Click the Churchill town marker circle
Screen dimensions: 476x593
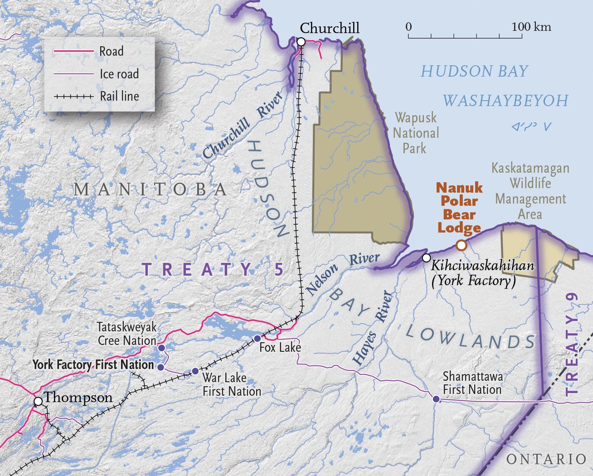point(301,42)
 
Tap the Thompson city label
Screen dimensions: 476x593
point(78,398)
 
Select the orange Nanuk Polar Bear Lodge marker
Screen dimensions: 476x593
point(461,245)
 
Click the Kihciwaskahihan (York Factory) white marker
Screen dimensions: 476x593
point(426,258)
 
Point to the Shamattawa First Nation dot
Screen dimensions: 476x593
point(436,399)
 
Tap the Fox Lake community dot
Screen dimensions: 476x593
point(257,338)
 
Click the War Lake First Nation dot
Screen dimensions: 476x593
point(195,371)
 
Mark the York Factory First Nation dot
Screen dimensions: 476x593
point(160,366)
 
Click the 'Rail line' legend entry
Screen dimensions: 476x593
point(119,96)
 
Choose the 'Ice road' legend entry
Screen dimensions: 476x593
point(119,74)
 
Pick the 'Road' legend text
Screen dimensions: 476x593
point(112,51)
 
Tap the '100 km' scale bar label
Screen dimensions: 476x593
point(531,27)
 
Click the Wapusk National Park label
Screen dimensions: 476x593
point(416,133)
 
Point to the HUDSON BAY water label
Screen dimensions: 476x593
point(475,71)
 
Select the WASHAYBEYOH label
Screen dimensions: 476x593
point(505,101)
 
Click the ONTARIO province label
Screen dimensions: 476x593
point(546,459)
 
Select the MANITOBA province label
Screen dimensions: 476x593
point(151,189)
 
